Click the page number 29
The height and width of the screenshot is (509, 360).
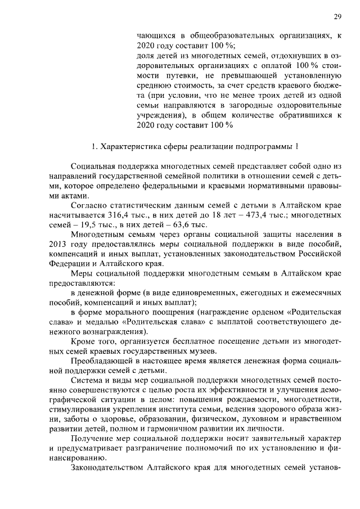337,16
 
